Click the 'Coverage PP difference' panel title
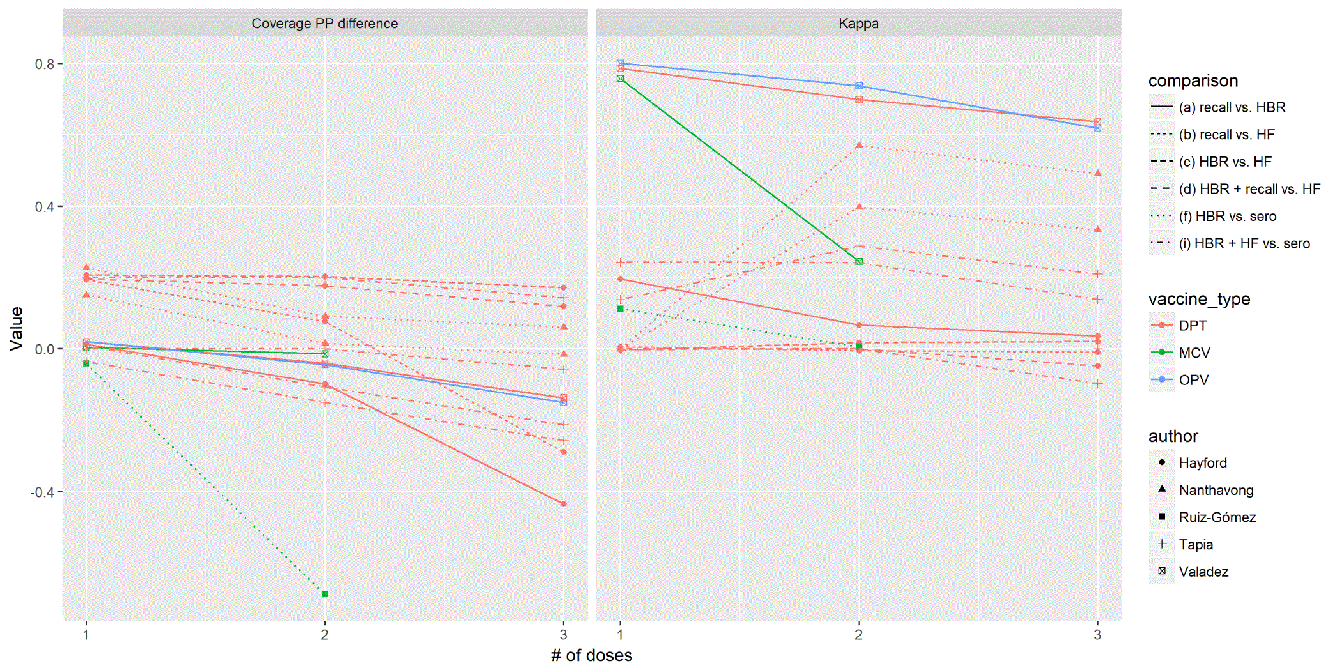click(x=324, y=24)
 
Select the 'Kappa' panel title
click(x=858, y=24)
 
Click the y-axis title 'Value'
click(x=17, y=329)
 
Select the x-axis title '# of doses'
click(x=591, y=655)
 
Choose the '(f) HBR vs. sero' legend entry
click(x=1227, y=216)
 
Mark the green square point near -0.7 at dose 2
click(x=325, y=595)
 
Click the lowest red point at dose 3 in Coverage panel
click(x=563, y=504)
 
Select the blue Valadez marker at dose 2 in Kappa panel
click(x=859, y=86)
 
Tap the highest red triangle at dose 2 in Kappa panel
click(x=859, y=146)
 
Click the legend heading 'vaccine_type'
click(x=1198, y=299)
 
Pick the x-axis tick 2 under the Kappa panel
click(x=859, y=635)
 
